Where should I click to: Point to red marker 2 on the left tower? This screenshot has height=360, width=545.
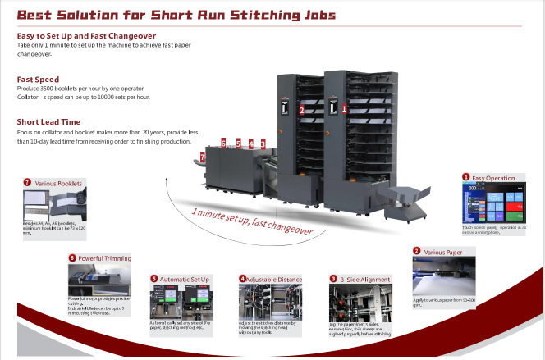302,110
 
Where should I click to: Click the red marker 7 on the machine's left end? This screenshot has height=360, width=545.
203,156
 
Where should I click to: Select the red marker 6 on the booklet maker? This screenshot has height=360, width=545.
223,144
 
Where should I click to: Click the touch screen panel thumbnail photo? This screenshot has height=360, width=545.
492,203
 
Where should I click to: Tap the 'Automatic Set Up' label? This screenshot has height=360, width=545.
184,280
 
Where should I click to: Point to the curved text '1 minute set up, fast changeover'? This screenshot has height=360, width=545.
252,222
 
